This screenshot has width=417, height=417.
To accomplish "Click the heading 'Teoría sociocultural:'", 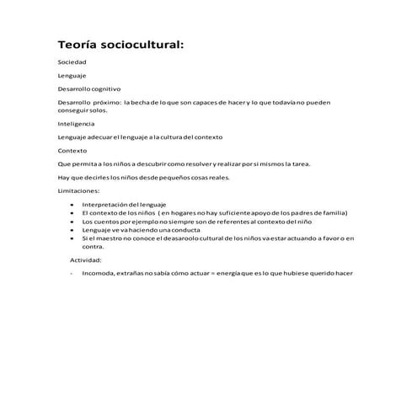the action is [120, 44].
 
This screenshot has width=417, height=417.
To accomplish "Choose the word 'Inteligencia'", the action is [77, 124].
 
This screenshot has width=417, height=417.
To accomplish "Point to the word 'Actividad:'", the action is [85, 260].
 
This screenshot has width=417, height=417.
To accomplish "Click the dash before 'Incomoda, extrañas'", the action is [72, 273].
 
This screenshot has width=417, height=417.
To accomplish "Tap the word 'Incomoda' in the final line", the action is [98, 273].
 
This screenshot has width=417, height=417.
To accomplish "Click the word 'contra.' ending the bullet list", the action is [93, 247].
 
